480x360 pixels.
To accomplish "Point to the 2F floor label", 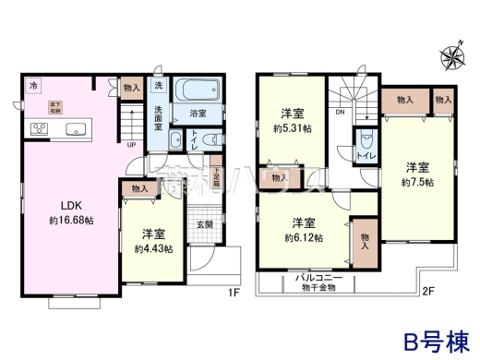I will [426, 294].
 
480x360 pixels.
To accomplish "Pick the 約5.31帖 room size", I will [291, 129].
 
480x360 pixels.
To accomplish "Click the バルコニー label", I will [312, 276].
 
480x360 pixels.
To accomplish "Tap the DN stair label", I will [339, 114].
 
